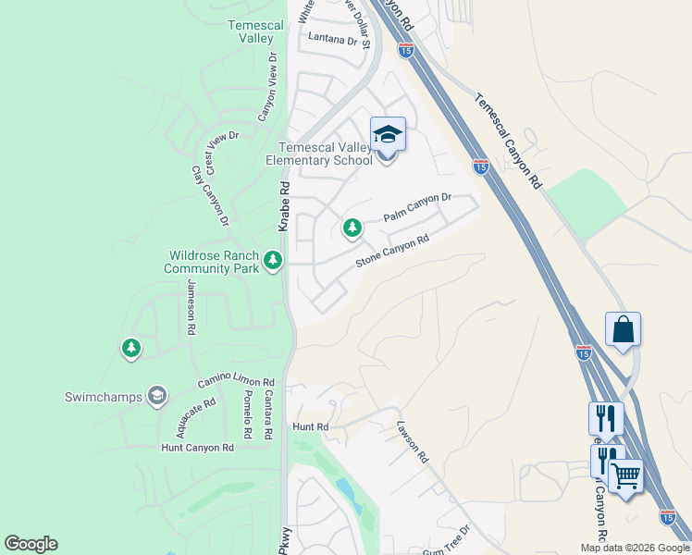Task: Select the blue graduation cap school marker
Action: pyautogui.click(x=389, y=135)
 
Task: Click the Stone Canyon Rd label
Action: pyautogui.click(x=393, y=252)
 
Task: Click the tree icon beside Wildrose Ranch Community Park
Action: pyautogui.click(x=272, y=261)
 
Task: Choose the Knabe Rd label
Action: pyautogui.click(x=285, y=206)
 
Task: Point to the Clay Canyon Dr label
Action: pyautogui.click(x=210, y=196)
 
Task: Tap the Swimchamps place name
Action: pyautogui.click(x=104, y=397)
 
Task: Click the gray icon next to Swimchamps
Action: pyautogui.click(x=157, y=396)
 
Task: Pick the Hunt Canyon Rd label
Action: pyautogui.click(x=197, y=448)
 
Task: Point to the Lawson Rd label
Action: pyautogui.click(x=414, y=442)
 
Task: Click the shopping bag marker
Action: pyautogui.click(x=623, y=329)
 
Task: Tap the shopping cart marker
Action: pyautogui.click(x=626, y=476)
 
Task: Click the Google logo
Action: pyautogui.click(x=31, y=544)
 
